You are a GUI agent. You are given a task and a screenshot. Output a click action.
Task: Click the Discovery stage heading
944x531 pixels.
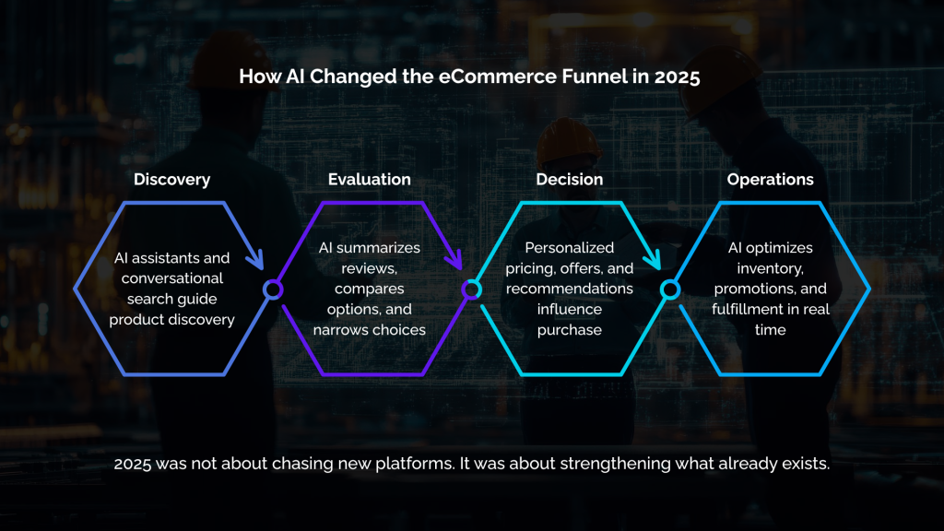[171, 179]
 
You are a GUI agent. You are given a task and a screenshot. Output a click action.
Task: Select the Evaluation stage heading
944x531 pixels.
[370, 179]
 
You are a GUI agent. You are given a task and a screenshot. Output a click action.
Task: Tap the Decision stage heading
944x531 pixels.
[570, 179]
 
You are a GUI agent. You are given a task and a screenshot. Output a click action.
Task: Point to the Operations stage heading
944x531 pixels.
[770, 179]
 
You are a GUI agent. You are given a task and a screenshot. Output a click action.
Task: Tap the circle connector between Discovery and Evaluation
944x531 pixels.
[272, 289]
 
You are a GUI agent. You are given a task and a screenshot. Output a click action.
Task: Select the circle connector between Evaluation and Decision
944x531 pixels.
[471, 289]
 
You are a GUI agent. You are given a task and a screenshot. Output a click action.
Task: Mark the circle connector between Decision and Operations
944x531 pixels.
[670, 289]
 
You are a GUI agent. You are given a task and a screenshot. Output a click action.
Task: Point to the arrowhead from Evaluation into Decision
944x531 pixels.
[455, 261]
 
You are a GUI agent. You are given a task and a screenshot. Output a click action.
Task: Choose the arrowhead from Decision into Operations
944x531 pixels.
[655, 261]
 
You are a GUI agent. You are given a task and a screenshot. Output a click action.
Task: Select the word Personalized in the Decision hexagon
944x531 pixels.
[570, 248]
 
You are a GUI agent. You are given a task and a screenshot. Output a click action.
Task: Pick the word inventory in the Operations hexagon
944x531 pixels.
[770, 268]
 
